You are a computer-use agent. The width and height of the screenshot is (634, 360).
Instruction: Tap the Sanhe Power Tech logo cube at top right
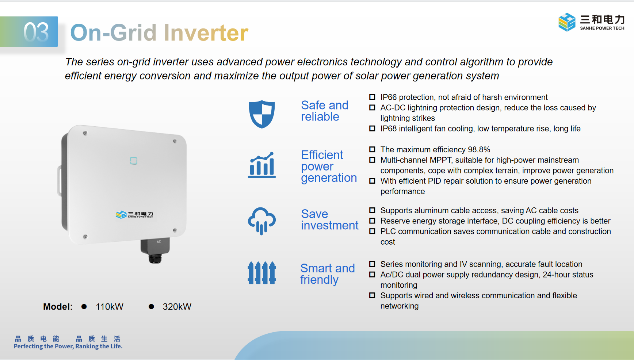[x=567, y=22]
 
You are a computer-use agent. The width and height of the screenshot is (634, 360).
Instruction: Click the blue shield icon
[x=262, y=114]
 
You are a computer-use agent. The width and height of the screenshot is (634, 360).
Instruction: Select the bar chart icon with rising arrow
[x=262, y=165]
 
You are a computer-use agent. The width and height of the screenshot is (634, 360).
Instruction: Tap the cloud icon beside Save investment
[x=262, y=221]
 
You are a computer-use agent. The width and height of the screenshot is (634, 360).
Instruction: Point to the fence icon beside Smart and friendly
[x=262, y=273]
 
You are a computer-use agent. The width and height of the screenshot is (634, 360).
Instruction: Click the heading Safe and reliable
[x=325, y=111]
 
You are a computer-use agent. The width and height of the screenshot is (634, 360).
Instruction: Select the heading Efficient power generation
[x=329, y=166]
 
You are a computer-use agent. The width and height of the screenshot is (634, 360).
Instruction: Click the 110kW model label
[x=110, y=307]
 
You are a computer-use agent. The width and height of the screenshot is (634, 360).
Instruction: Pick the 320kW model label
[x=177, y=307]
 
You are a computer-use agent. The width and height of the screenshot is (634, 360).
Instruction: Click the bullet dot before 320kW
[x=151, y=307]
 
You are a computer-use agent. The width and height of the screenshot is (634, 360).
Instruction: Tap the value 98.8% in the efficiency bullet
[x=479, y=150]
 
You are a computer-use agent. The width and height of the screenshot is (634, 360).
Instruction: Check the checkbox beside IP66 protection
[x=372, y=97]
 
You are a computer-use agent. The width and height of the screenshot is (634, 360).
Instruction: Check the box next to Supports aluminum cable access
[x=372, y=210]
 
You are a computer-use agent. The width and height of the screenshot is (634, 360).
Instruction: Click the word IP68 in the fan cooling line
[x=389, y=129]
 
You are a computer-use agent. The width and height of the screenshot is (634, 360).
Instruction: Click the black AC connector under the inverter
[x=155, y=251]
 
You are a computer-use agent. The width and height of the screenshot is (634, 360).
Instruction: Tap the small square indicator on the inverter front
[x=134, y=161]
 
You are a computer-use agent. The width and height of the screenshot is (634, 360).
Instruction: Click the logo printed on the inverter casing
[x=134, y=214]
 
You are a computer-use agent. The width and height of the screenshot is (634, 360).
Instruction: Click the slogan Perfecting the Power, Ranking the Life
[x=68, y=346]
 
